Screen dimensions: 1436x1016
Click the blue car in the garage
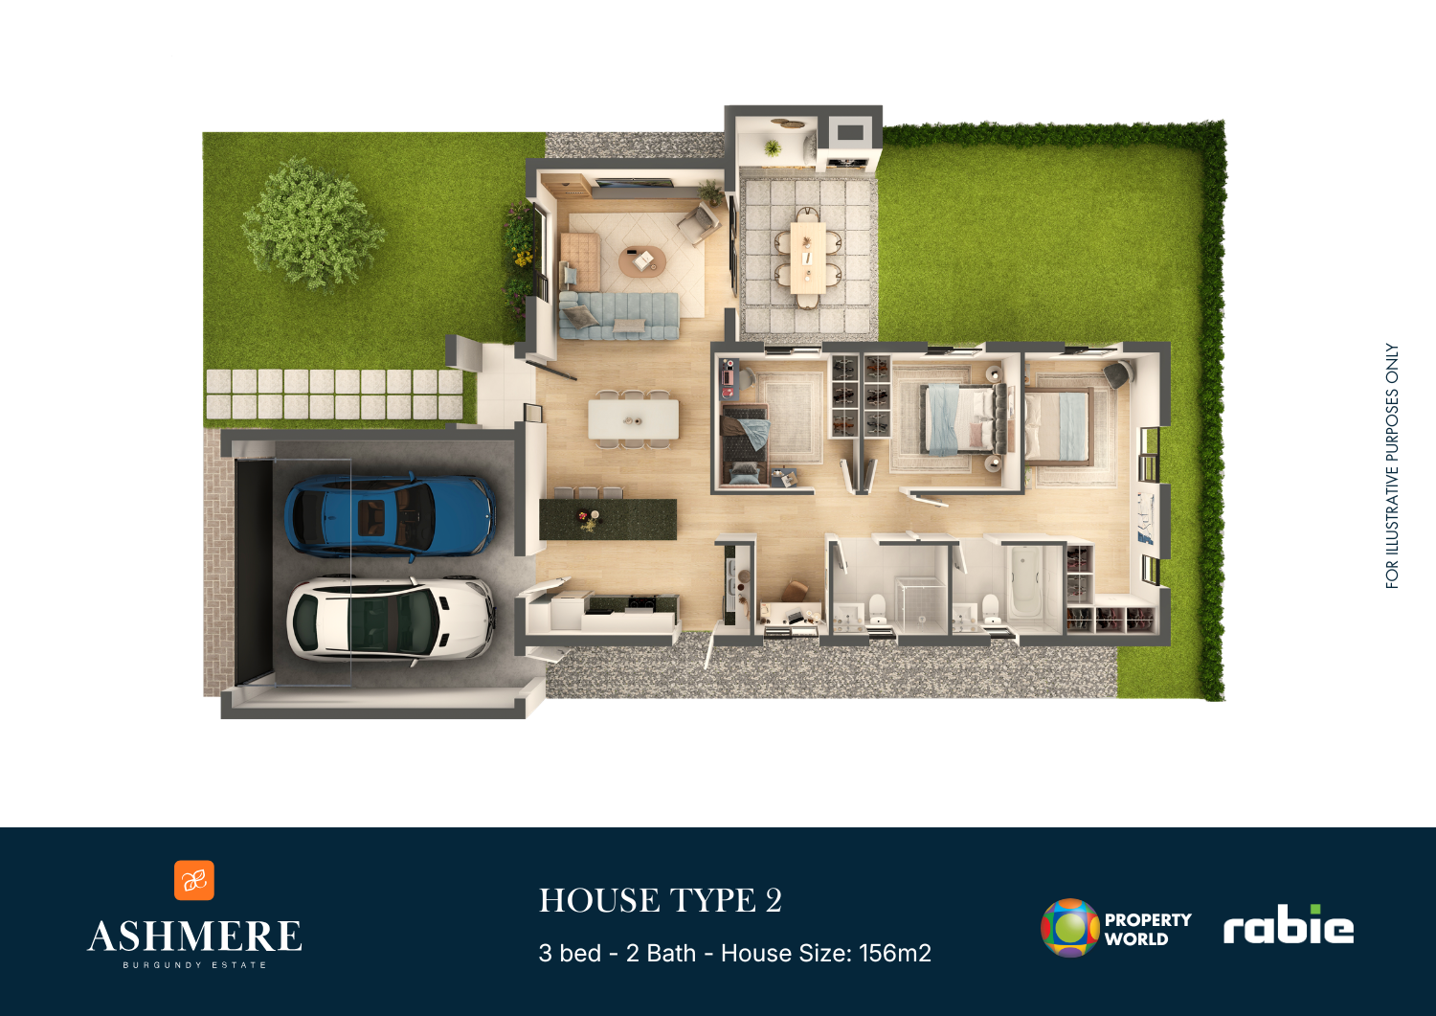[390, 514]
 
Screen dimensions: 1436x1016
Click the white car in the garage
[391, 618]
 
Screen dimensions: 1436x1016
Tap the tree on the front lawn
[313, 224]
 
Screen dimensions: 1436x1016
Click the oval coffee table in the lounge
[641, 260]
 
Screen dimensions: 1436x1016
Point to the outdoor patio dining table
[808, 257]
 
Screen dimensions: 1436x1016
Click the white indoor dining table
[634, 419]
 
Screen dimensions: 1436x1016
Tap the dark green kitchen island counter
[608, 519]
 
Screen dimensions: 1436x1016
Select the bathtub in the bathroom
[1025, 586]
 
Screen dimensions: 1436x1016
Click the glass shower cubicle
[921, 603]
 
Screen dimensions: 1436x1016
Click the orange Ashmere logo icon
[194, 880]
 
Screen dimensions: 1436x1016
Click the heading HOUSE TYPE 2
[661, 900]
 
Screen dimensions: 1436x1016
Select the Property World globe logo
[1070, 928]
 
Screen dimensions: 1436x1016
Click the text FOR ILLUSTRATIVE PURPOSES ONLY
[1392, 465]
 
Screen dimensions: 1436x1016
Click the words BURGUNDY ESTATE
[194, 964]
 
